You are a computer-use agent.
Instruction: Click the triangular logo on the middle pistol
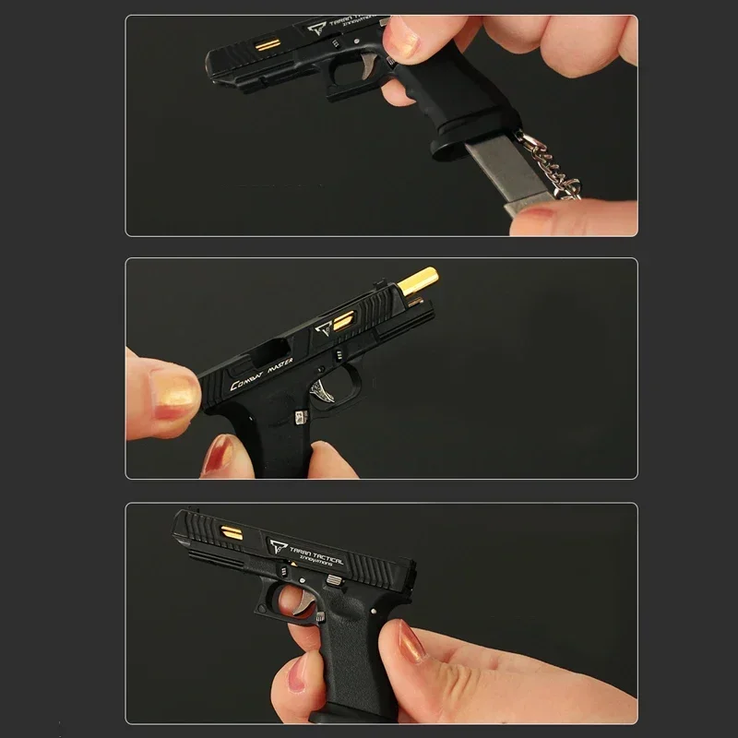pyautogui.click(x=323, y=329)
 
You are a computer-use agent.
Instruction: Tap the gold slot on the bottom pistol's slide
pyautogui.click(x=232, y=532)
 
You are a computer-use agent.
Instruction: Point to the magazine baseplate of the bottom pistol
pyautogui.click(x=341, y=716)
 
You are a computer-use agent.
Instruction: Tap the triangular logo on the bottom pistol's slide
pyautogui.click(x=277, y=546)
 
